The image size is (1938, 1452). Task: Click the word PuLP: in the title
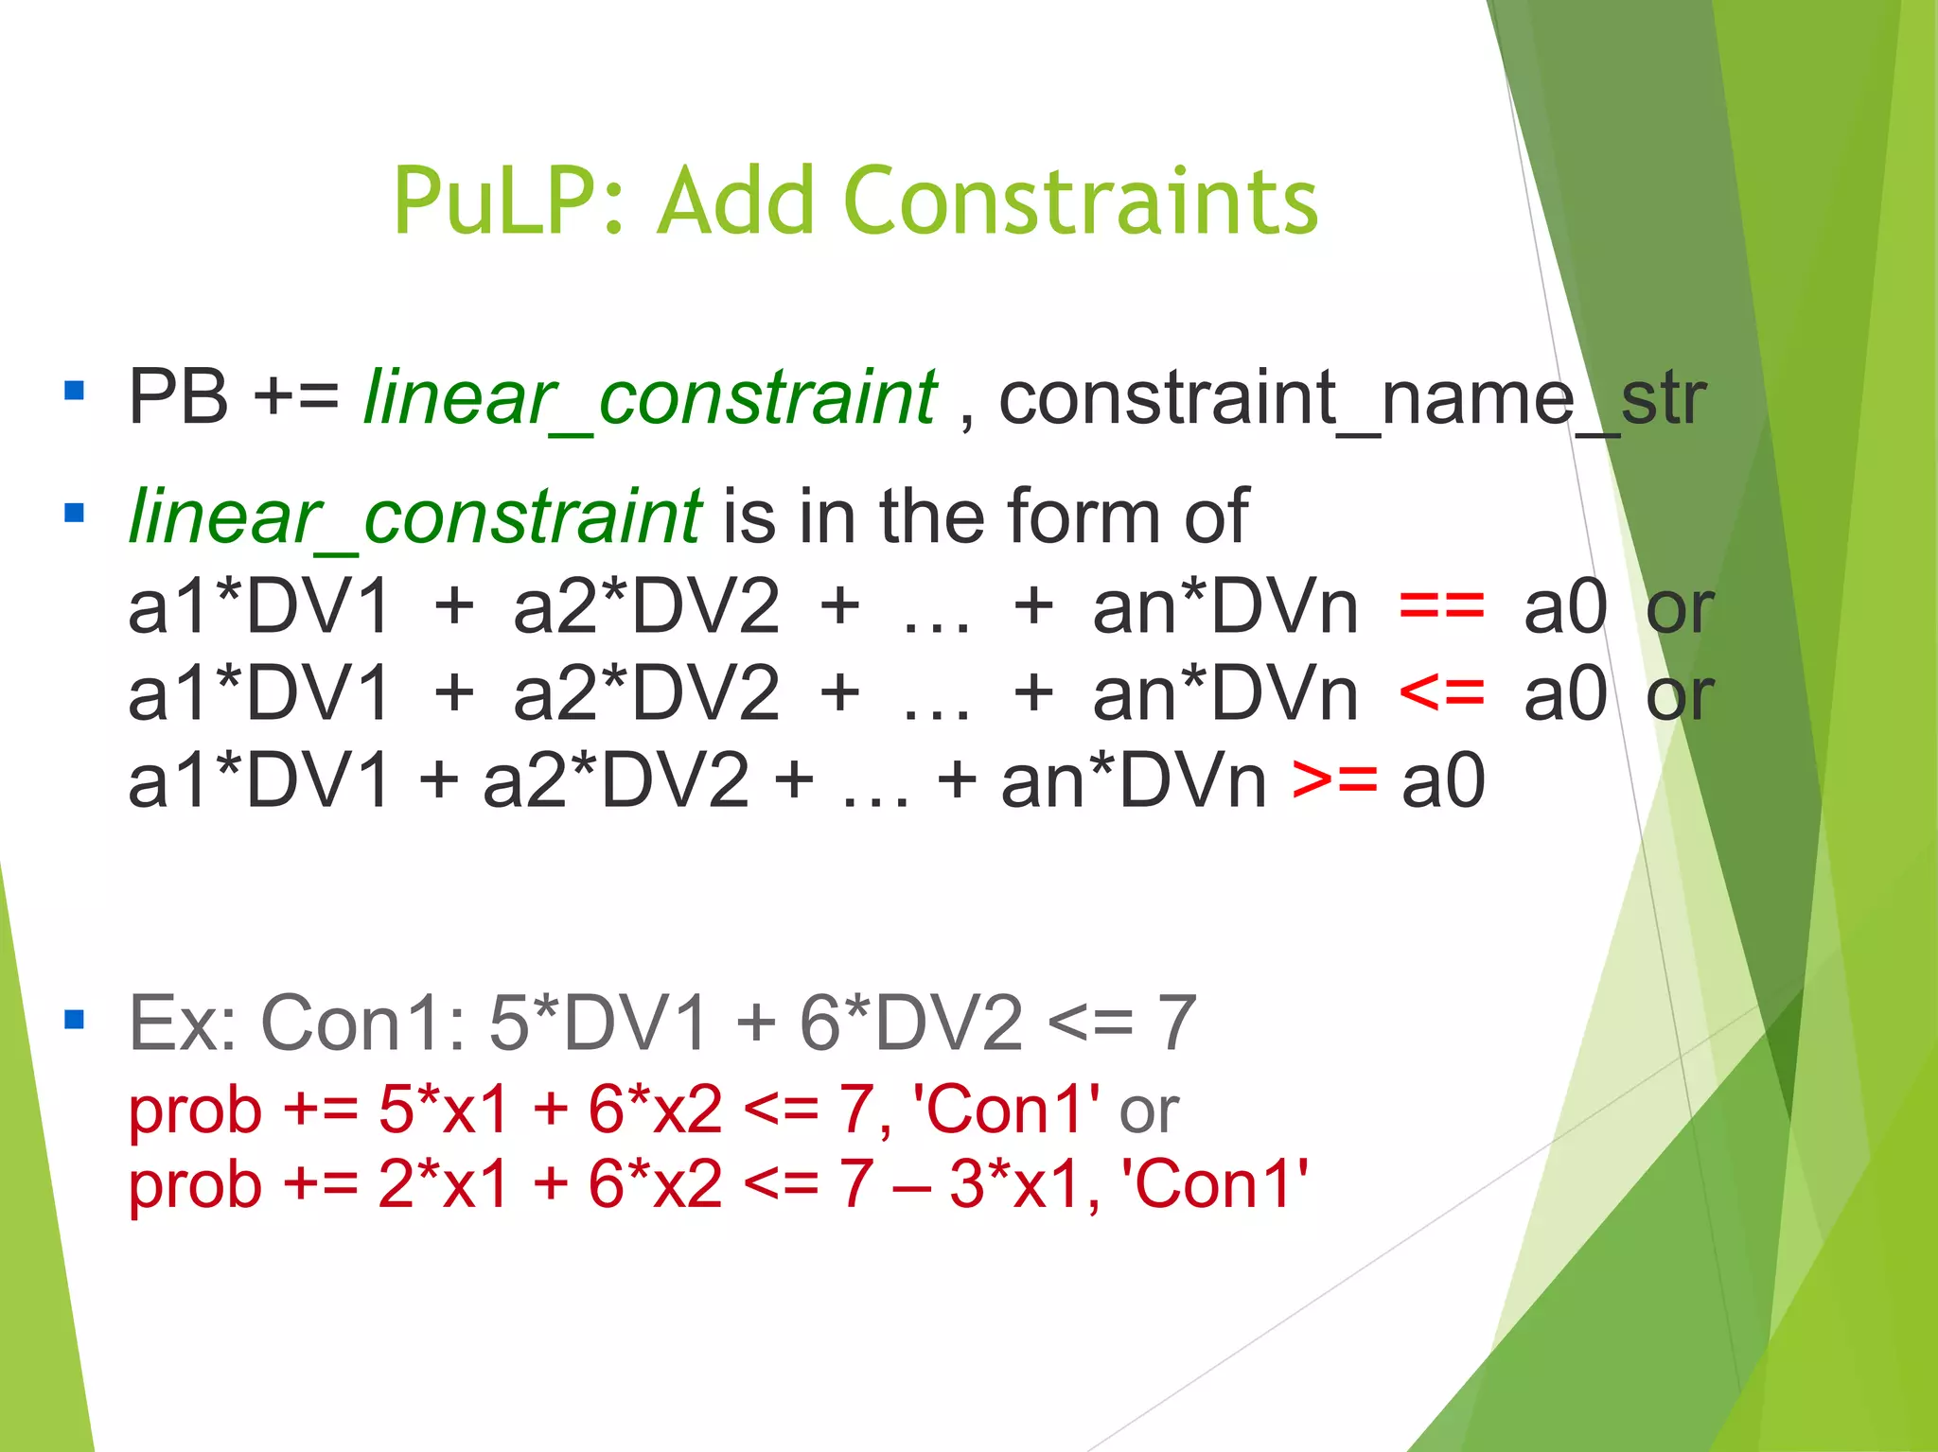tap(509, 201)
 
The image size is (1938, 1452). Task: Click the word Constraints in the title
tap(1080, 201)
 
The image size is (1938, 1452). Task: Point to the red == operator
tap(1441, 606)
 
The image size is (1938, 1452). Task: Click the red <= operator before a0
tap(1441, 693)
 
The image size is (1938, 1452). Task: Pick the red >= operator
tap(1334, 781)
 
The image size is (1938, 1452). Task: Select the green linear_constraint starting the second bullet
tap(414, 517)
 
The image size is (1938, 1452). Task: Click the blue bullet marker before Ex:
tap(75, 1020)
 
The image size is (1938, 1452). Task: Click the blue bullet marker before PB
tap(75, 390)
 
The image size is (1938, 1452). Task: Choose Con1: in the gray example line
tap(363, 1023)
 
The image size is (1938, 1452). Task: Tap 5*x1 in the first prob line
tap(444, 1109)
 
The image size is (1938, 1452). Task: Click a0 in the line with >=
tap(1443, 781)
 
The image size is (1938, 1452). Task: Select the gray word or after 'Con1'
tap(1149, 1111)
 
